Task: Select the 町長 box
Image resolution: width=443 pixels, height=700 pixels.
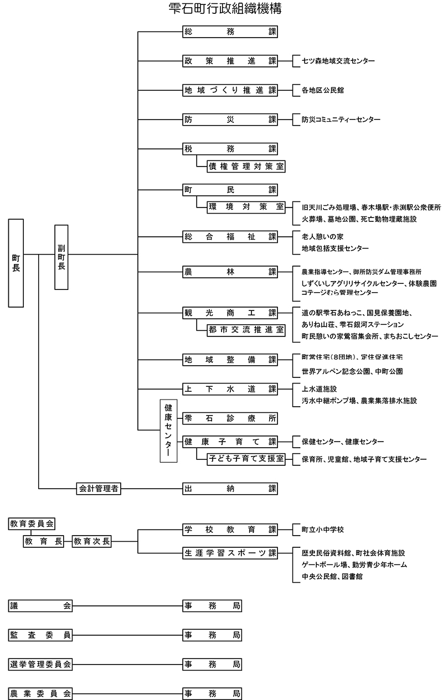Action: pos(16,263)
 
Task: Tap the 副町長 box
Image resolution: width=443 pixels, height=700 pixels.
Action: pos(61,257)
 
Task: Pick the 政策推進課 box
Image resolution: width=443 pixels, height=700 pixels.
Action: pos(230,61)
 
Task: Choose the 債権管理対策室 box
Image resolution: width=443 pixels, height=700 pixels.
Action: pos(246,165)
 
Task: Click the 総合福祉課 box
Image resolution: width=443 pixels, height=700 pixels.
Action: pos(230,236)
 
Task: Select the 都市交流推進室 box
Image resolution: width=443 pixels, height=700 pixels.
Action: pos(246,330)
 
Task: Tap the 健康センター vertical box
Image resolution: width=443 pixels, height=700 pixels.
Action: pos(168,430)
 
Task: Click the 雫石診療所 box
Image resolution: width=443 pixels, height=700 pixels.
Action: pos(230,418)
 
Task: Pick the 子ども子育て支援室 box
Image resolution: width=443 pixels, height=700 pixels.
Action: pos(246,459)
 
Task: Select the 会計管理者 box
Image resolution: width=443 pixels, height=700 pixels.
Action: pos(99,488)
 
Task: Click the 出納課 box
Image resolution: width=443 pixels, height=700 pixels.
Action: pos(230,488)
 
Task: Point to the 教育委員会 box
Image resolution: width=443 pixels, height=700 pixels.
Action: pos(33,523)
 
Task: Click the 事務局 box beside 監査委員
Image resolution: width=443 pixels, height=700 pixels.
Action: pos(213,635)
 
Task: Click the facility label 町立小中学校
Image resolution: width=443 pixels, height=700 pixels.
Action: pos(323,530)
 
